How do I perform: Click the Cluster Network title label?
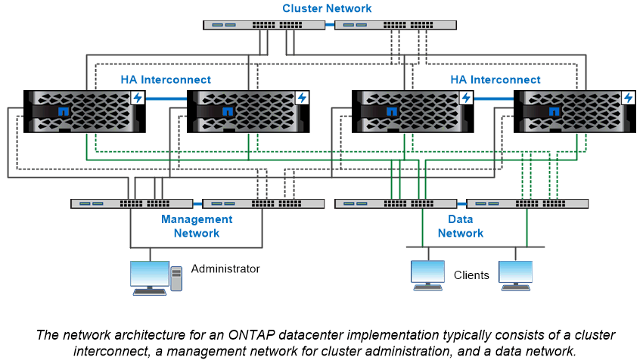(327, 8)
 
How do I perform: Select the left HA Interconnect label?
(166, 79)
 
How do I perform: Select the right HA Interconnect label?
(495, 79)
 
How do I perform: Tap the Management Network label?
(197, 226)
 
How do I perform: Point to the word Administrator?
(225, 268)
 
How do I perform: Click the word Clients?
(471, 275)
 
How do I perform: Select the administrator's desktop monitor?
(149, 277)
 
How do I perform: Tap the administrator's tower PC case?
(176, 279)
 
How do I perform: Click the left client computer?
(427, 276)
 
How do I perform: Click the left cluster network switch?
(264, 24)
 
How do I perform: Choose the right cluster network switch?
(396, 24)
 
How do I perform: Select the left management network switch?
(132, 203)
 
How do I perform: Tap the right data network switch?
(527, 203)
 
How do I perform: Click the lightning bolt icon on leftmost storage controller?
(138, 98)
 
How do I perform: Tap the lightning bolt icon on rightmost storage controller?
(628, 98)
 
